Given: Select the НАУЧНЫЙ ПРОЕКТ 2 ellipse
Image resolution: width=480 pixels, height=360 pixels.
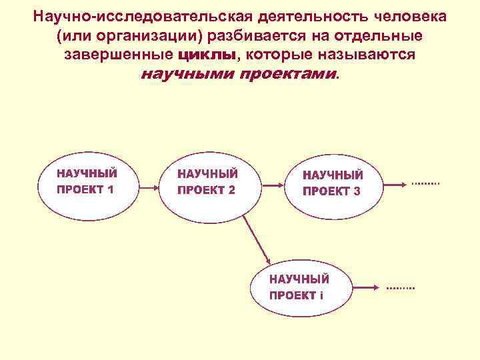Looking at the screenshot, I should click(207, 182).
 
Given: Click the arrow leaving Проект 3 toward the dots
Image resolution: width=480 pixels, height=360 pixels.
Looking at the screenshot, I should click(395, 184).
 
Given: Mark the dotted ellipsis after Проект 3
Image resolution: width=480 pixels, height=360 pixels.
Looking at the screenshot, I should click(425, 183).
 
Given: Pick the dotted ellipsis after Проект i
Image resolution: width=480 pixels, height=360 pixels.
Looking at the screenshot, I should click(400, 287).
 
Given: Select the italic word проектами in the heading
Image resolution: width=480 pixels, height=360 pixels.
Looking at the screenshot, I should click(287, 74).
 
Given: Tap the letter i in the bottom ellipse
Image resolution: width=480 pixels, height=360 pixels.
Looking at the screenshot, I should click(321, 295).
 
